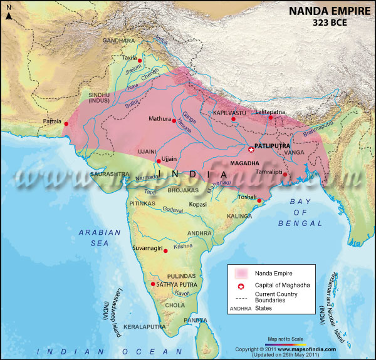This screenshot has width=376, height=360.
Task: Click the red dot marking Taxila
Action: (x=140, y=61)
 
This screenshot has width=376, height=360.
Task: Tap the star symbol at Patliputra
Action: (x=251, y=148)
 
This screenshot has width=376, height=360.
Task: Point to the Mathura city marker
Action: (x=174, y=120)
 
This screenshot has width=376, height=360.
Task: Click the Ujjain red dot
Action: (x=158, y=160)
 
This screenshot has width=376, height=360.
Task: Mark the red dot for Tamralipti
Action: (x=285, y=174)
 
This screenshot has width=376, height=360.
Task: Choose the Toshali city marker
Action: (x=259, y=200)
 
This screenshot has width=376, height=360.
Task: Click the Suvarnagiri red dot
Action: (x=165, y=250)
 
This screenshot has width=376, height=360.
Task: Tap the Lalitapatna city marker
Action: (x=271, y=117)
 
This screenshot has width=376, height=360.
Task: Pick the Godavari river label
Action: (x=172, y=210)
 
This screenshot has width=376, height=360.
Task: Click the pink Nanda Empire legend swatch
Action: (x=241, y=274)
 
